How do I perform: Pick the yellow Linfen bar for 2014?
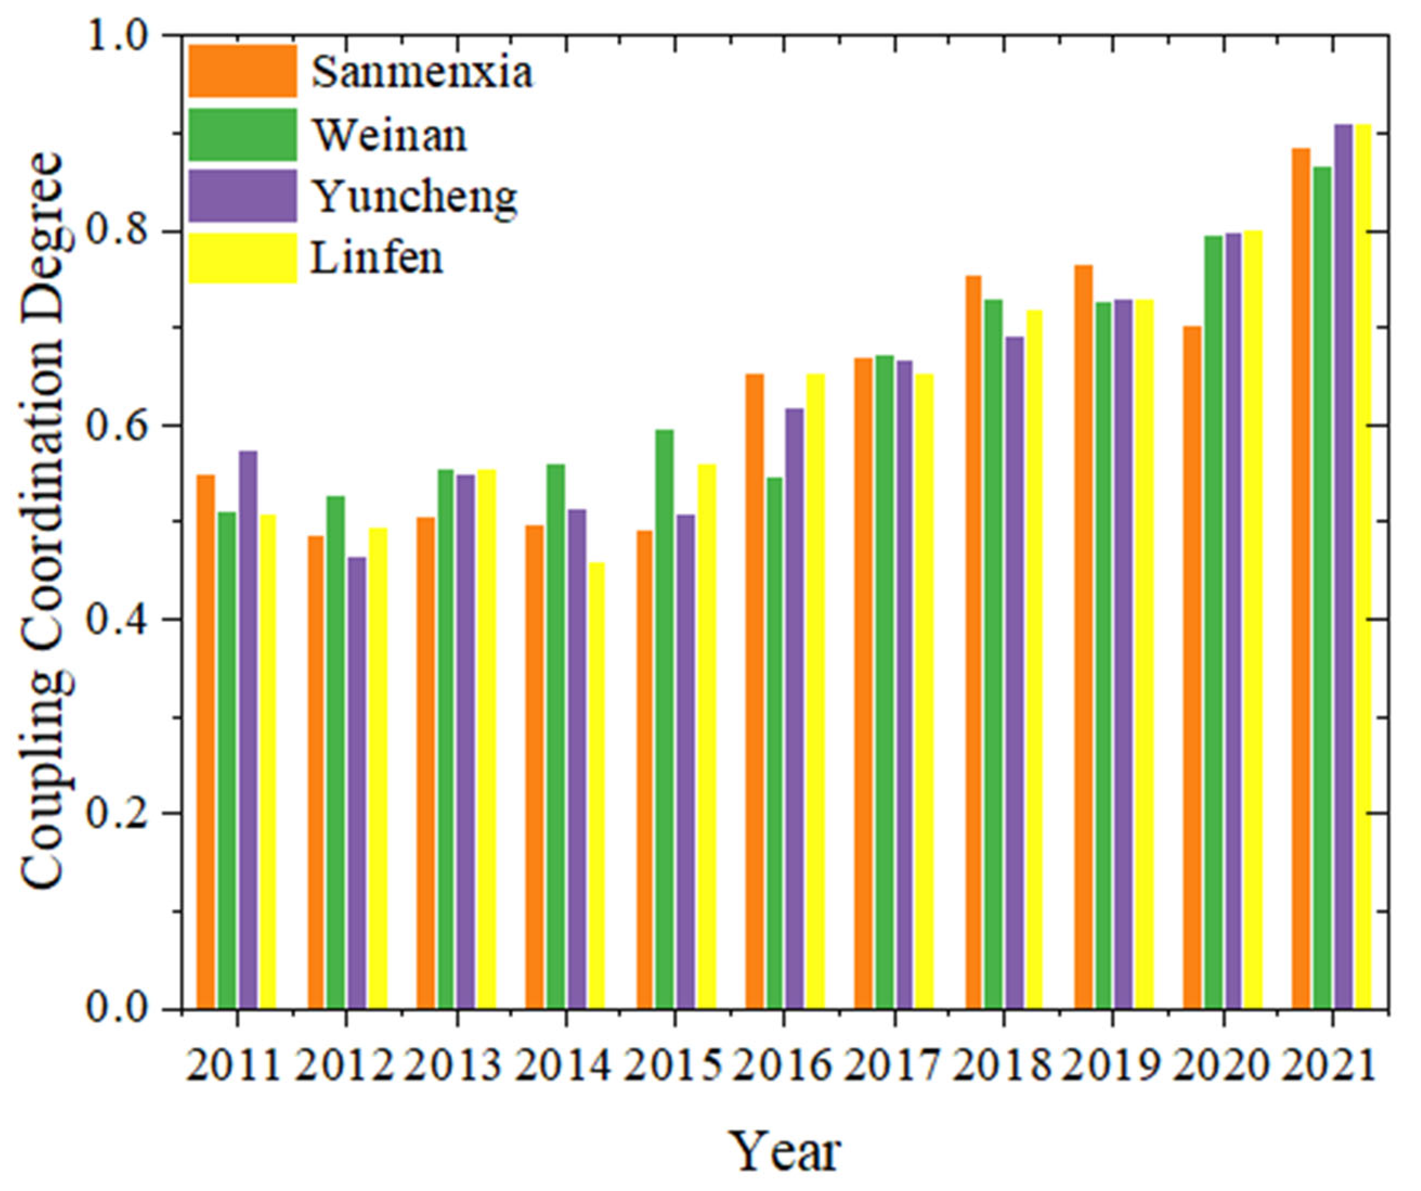point(596,785)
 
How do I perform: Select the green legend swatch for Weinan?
point(242,134)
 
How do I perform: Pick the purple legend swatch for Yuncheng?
point(242,196)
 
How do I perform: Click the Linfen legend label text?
point(376,258)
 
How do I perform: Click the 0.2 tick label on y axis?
point(120,813)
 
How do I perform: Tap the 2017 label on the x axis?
point(892,1066)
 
